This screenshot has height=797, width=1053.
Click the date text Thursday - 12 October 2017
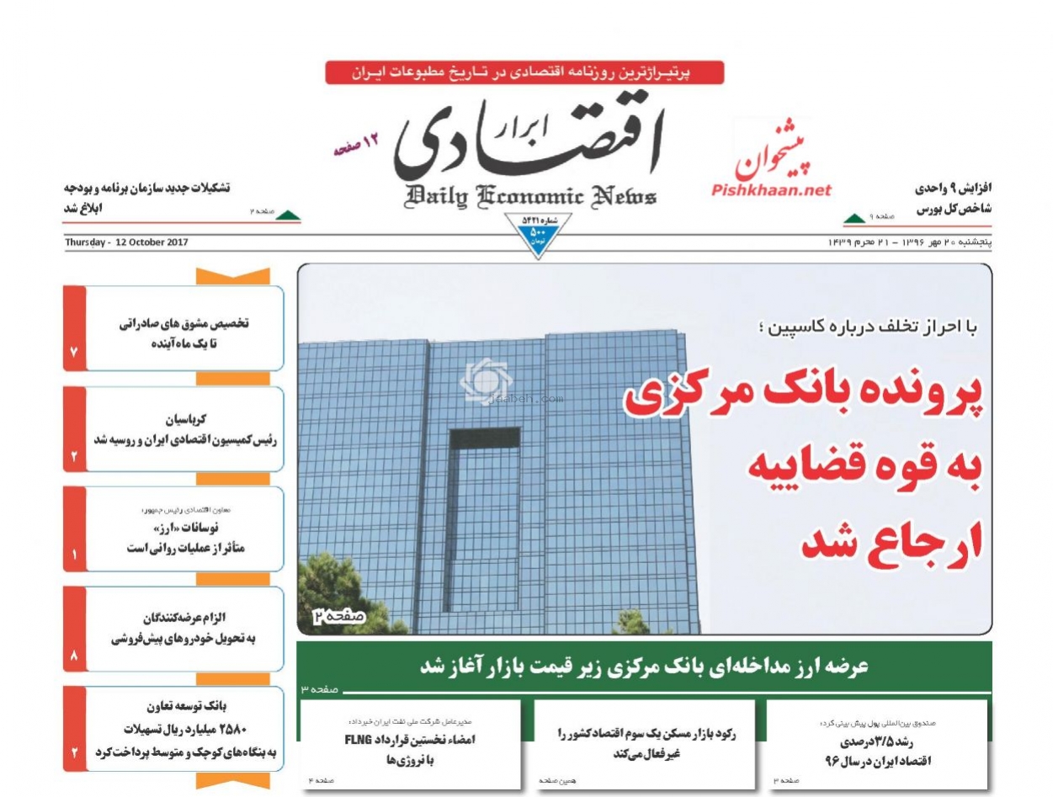(126, 242)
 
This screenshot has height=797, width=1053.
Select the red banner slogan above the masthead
(524, 72)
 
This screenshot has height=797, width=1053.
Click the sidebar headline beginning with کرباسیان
(184, 428)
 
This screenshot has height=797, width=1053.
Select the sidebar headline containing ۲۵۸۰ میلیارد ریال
(184, 729)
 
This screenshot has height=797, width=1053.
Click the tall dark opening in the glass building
(484, 518)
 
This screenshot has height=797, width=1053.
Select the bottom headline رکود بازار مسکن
(646, 743)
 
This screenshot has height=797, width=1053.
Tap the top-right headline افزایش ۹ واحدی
(954, 197)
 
